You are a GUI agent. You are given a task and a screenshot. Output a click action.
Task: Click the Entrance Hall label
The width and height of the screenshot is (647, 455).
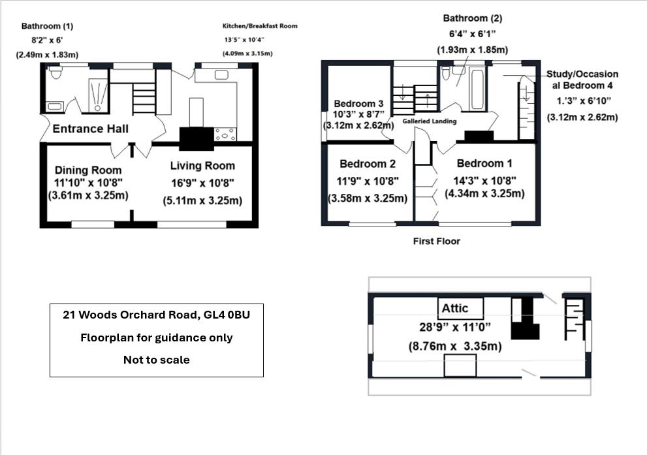[90, 129]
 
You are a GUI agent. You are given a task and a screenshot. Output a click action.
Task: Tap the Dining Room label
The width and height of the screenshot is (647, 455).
[88, 170]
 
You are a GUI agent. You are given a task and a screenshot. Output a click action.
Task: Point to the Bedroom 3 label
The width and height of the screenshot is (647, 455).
[358, 104]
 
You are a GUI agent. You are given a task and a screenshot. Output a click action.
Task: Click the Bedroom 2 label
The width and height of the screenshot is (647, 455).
[368, 164]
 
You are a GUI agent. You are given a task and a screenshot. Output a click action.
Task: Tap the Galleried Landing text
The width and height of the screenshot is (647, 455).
[429, 121]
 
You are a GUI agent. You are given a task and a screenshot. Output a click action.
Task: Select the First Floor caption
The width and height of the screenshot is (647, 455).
[436, 242]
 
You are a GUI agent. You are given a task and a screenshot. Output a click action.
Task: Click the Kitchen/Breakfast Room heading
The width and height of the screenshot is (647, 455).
[260, 26]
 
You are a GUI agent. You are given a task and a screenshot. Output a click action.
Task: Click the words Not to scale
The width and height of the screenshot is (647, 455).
[156, 360]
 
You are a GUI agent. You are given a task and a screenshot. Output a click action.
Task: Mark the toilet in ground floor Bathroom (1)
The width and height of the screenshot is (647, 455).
[55, 74]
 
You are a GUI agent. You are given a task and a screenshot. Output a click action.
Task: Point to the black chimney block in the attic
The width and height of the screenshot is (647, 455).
[524, 319]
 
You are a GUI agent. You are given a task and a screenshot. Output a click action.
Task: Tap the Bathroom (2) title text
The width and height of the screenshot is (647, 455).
[473, 18]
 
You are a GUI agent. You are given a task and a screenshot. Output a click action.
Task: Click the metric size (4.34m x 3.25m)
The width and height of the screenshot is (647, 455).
[484, 194]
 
